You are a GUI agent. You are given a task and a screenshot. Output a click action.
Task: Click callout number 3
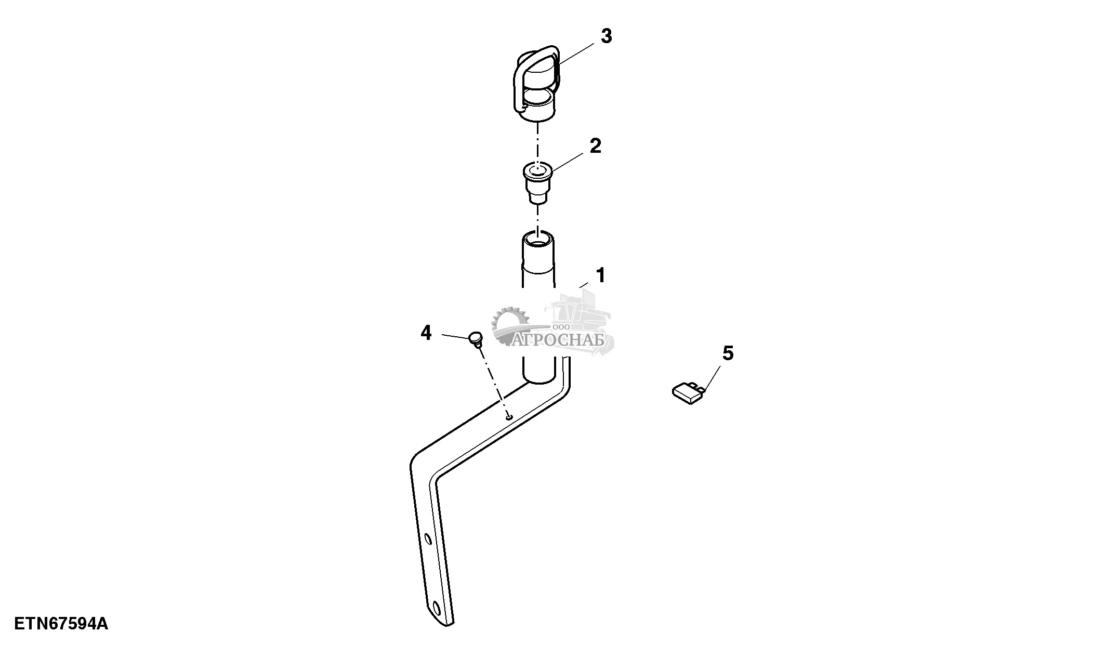click(606, 37)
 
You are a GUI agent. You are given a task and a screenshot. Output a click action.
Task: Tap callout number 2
click(595, 146)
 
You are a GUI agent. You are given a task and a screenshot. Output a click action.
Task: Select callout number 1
click(600, 275)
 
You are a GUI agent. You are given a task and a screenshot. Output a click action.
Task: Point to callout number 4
click(426, 333)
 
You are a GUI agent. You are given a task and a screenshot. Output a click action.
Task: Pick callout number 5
click(728, 353)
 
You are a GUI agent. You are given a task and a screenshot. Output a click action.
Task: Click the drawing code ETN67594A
click(61, 624)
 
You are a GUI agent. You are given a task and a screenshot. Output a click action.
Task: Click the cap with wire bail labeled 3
click(538, 86)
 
